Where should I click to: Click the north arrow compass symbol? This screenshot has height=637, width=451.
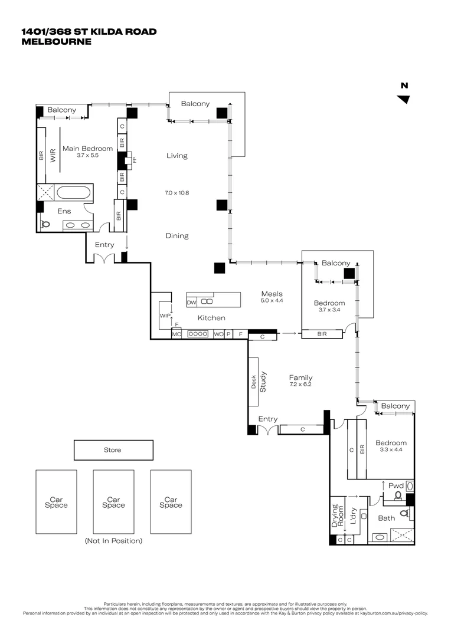click(x=404, y=98)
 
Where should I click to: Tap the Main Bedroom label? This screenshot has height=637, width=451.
click(x=87, y=149)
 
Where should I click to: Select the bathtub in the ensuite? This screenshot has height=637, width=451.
click(x=74, y=192)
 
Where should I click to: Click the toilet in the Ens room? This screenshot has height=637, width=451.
click(x=45, y=224)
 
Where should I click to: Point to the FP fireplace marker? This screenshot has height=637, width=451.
click(x=134, y=160)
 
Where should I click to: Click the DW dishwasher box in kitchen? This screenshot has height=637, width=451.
click(x=191, y=302)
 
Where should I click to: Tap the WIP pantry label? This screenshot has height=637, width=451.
click(x=165, y=316)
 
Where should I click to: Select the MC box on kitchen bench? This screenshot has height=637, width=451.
click(x=176, y=334)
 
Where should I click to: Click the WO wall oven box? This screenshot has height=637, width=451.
click(x=218, y=334)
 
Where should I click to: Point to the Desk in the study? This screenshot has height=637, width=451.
click(x=254, y=382)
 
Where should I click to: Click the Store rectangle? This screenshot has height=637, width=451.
click(x=112, y=450)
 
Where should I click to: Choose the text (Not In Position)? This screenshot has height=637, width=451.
click(x=113, y=540)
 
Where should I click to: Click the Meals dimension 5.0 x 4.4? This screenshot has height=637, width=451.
click(x=272, y=301)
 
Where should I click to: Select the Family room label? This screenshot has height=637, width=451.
click(x=300, y=377)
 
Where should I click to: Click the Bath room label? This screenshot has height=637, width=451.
click(x=386, y=518)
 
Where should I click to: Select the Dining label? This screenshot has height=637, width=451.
click(x=177, y=236)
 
